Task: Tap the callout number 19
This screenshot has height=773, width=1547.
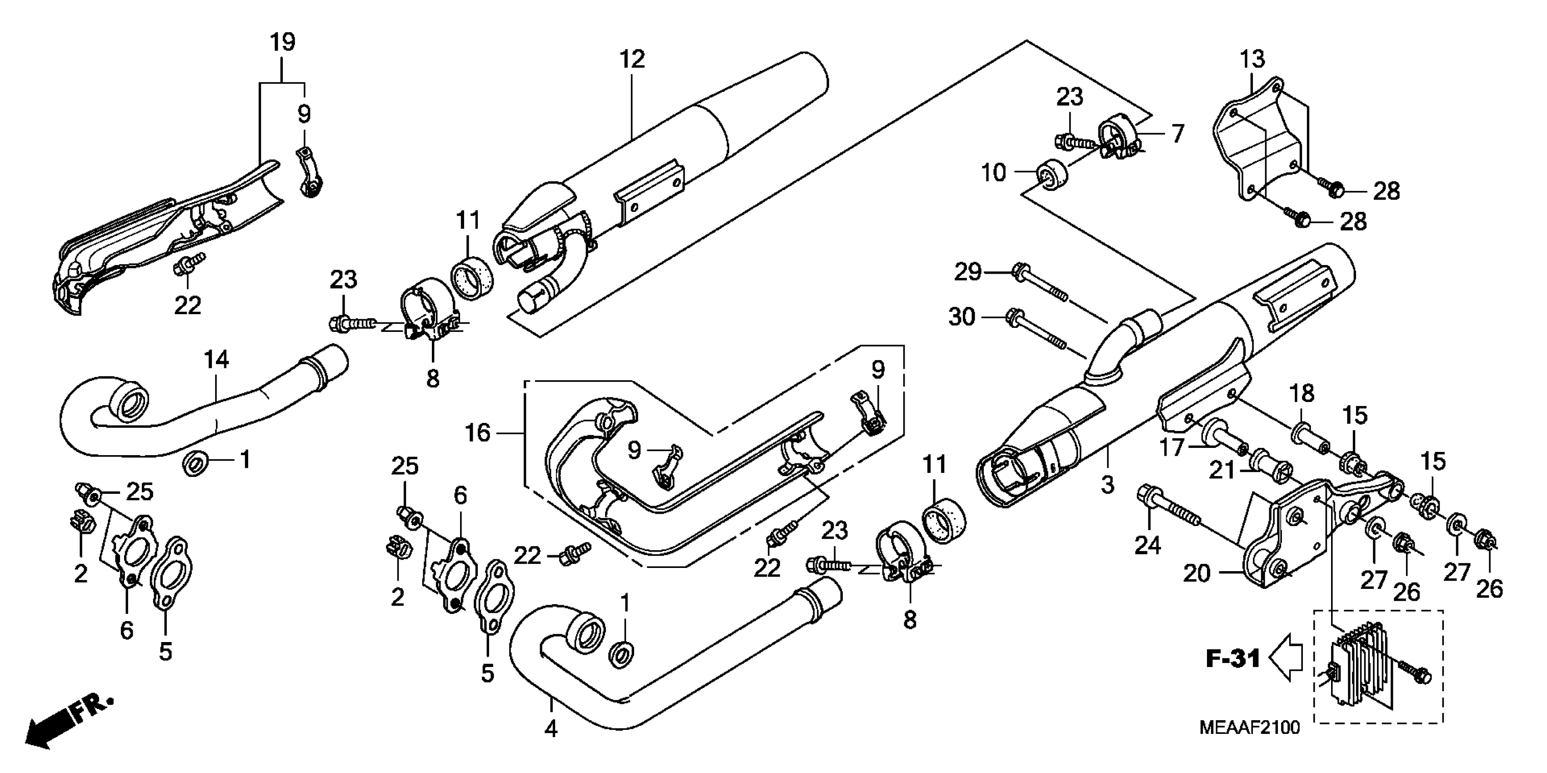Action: (x=282, y=43)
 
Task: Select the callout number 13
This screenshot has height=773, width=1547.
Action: (x=1252, y=60)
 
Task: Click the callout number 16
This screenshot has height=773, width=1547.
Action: (x=478, y=433)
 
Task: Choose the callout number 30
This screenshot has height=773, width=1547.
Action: (x=961, y=316)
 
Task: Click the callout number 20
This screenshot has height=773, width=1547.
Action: (x=1197, y=573)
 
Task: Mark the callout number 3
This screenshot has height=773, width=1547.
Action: (x=1107, y=484)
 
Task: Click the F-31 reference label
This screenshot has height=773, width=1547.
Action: (x=1233, y=659)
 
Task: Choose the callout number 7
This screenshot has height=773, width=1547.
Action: (x=1178, y=133)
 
